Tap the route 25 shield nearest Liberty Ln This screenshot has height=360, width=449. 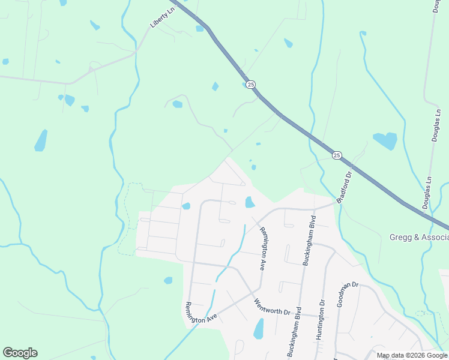pyautogui.click(x=251, y=85)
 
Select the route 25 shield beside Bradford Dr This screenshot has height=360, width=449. pyautogui.click(x=337, y=155)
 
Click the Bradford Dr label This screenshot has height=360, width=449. pyautogui.click(x=343, y=187)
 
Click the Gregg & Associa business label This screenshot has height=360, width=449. pyautogui.click(x=418, y=236)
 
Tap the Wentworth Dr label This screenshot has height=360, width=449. pyautogui.click(x=272, y=307)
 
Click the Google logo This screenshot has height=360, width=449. pyautogui.click(x=20, y=352)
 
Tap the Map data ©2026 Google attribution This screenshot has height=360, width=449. pyautogui.click(x=411, y=355)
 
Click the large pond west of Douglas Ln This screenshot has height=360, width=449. pyautogui.click(x=385, y=141)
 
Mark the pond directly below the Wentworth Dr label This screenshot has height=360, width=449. pyautogui.click(x=259, y=329)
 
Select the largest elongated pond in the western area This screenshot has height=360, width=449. pyautogui.click(x=41, y=140)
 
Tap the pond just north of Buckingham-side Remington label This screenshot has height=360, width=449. pyautogui.click(x=250, y=202)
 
